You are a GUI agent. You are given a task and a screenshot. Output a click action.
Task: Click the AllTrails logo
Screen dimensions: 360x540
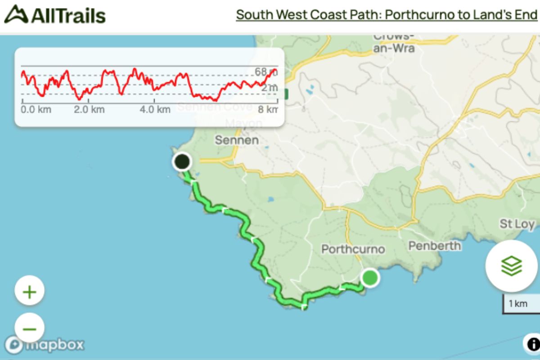point(55,15)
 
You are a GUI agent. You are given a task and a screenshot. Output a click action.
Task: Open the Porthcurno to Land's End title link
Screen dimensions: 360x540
point(387,15)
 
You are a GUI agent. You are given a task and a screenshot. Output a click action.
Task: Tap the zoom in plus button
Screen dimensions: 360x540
point(30,292)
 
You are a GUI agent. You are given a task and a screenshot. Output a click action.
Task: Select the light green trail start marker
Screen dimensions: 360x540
point(370,277)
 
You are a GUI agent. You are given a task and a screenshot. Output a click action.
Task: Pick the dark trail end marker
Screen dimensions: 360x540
point(182,162)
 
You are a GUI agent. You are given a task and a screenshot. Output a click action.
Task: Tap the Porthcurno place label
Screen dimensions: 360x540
point(353,249)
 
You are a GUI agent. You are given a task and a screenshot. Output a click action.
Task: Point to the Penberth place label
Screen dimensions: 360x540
point(434,246)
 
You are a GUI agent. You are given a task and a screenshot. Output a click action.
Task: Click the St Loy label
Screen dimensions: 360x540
point(517,224)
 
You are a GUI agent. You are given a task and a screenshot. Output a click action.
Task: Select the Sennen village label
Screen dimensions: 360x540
point(237,140)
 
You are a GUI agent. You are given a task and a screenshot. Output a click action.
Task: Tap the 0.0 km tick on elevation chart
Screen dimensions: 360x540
point(36,109)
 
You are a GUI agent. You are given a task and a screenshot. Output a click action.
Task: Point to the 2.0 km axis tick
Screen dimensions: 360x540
point(89,109)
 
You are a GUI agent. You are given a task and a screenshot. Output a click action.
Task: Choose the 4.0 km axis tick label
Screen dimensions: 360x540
point(155,109)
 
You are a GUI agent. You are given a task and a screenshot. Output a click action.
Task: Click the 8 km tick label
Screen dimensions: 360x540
point(269,109)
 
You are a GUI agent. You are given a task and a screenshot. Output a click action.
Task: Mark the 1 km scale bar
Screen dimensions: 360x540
point(520,304)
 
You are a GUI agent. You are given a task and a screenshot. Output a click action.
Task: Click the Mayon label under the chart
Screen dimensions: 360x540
point(243,123)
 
